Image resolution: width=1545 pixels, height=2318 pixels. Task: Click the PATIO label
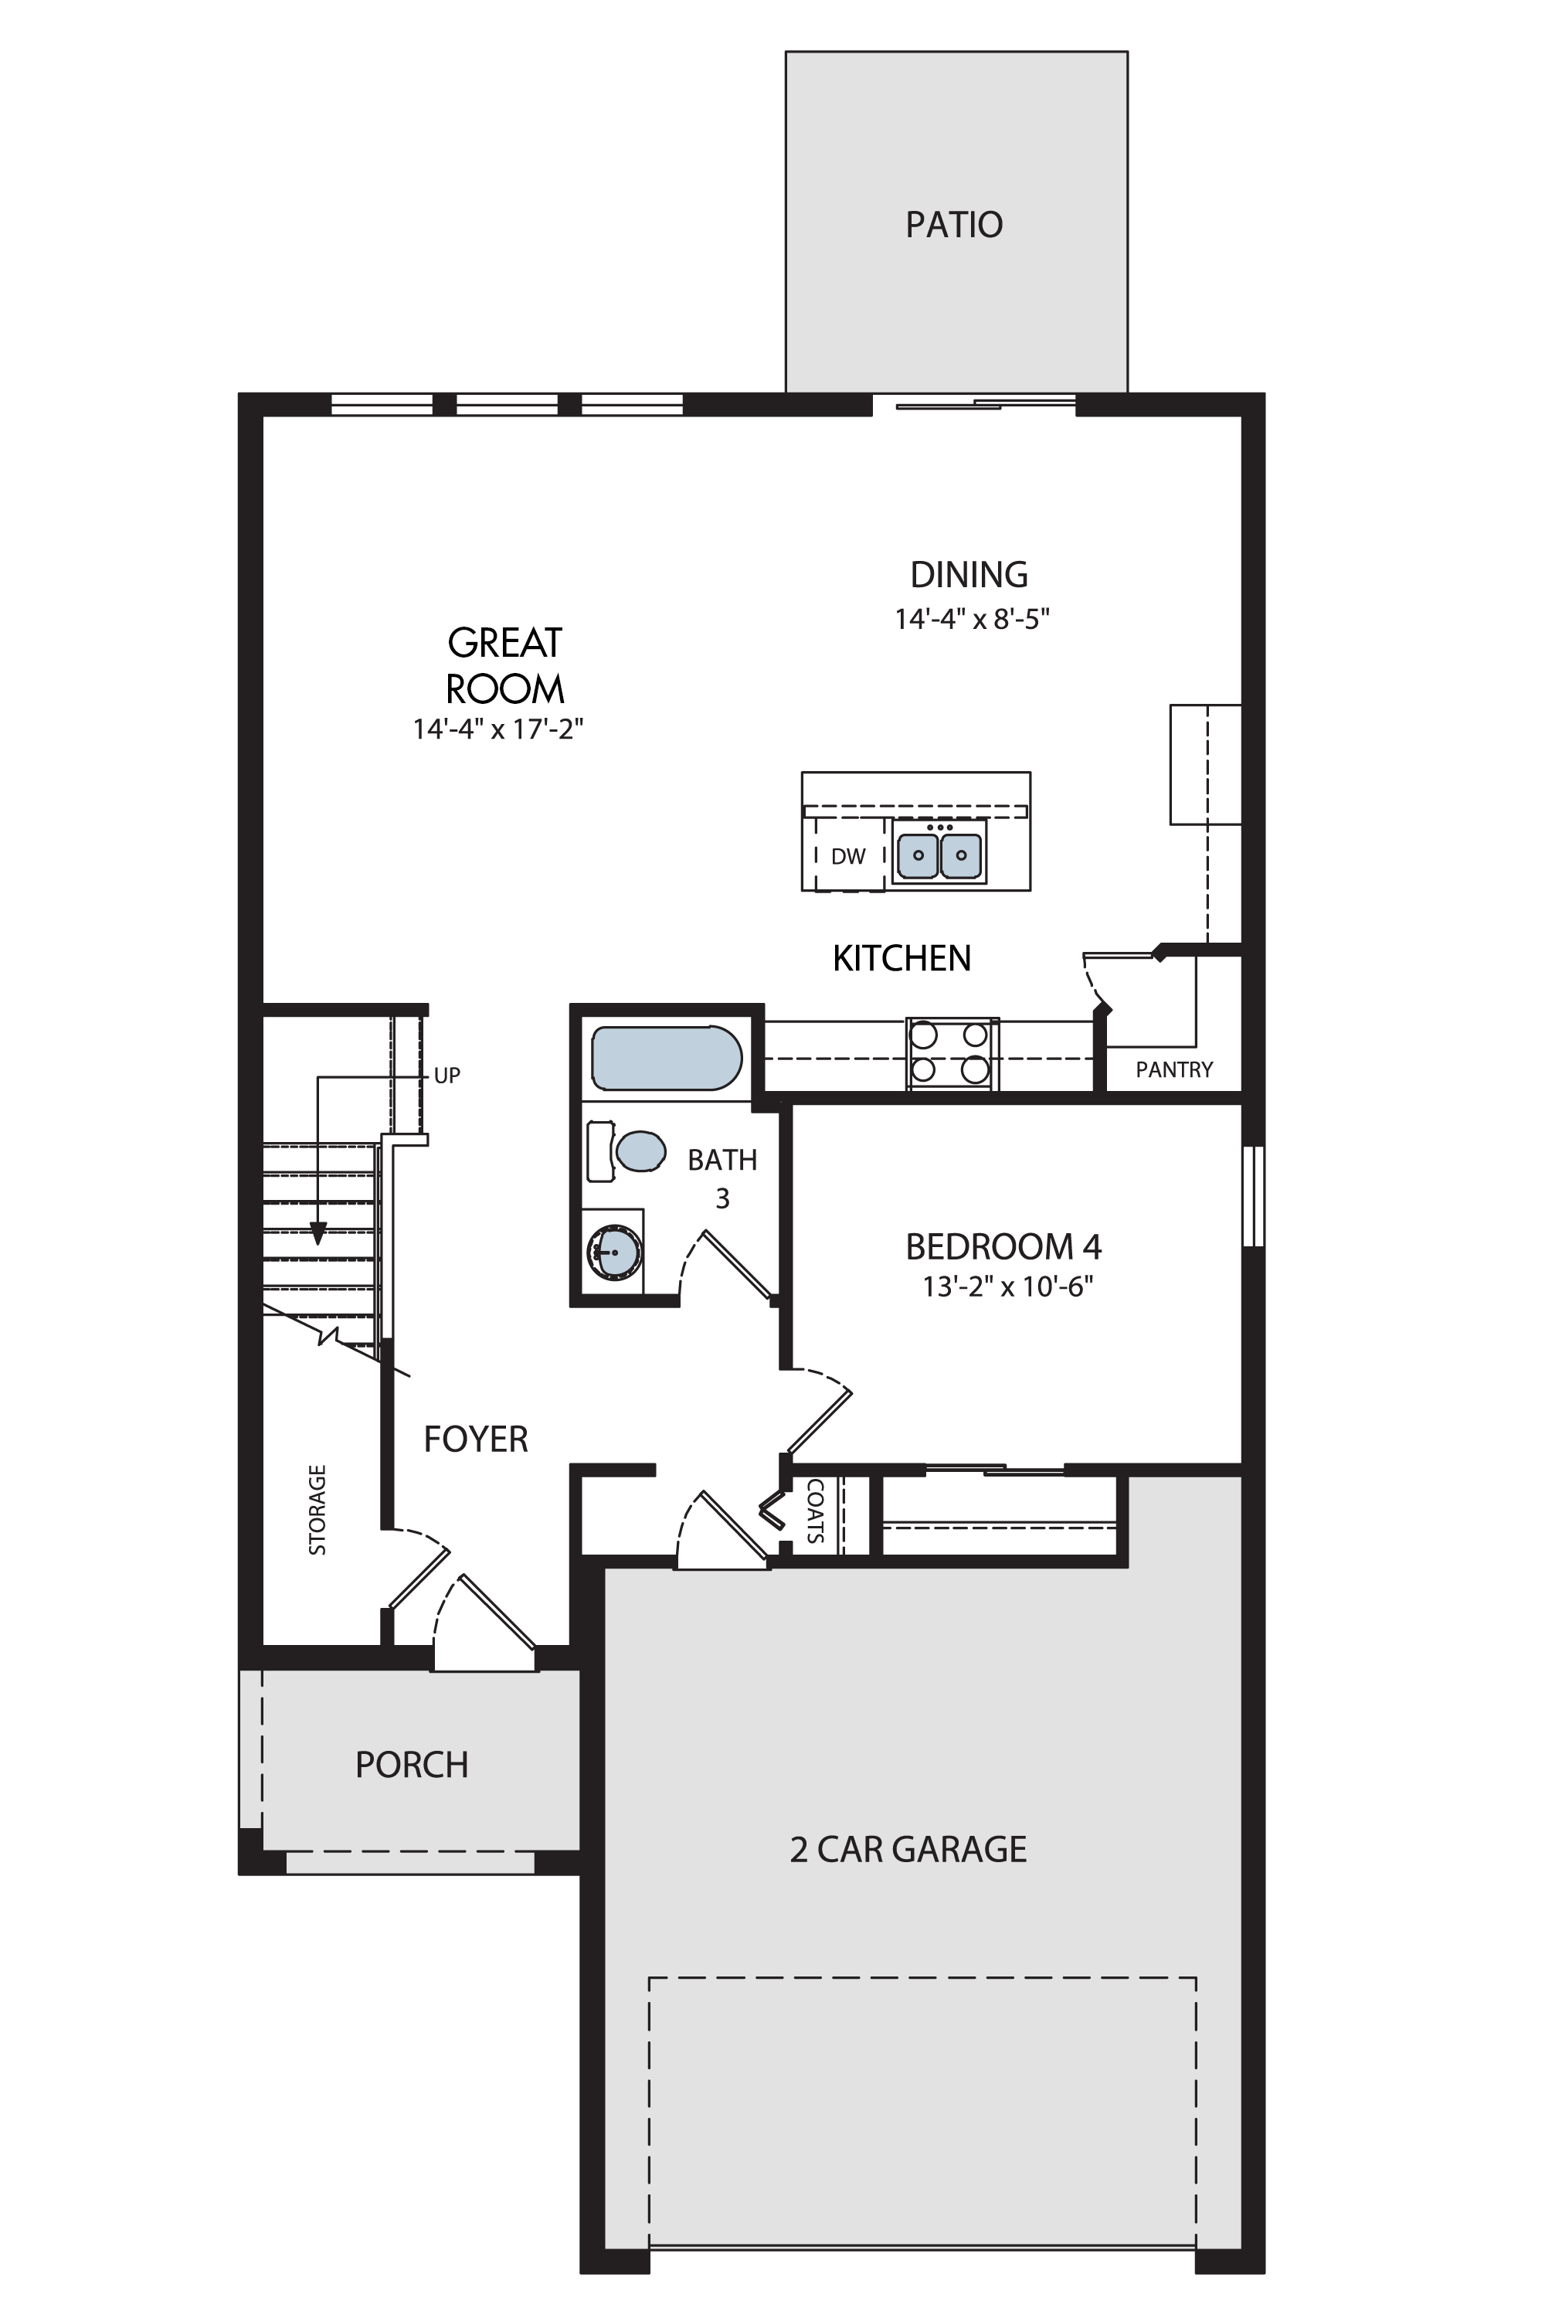coord(954,225)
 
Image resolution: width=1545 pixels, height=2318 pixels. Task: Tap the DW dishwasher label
coord(847,856)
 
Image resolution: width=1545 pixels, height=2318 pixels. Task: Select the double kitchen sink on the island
coord(940,854)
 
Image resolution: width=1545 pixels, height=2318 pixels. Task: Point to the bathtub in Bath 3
coord(666,1058)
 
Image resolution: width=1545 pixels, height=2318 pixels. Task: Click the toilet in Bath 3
coord(626,1151)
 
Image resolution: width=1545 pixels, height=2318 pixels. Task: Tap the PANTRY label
coord(1173,1069)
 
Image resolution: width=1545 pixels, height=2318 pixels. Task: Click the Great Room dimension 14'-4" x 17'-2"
coord(498,729)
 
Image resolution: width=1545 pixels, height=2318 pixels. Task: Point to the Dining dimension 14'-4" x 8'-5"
coord(972,619)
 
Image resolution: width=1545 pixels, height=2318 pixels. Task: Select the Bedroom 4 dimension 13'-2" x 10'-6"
coord(1007,1286)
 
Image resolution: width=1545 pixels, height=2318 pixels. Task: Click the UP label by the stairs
coord(447,1076)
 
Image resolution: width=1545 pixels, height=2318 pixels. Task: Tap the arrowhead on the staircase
coord(317,1233)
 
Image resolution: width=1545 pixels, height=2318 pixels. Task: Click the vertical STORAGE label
coord(317,1510)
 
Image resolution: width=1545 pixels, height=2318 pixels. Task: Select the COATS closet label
coord(815,1510)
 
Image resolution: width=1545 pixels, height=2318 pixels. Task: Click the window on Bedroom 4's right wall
coord(1253,1195)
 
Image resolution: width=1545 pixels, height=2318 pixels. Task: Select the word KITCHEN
coord(902,958)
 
